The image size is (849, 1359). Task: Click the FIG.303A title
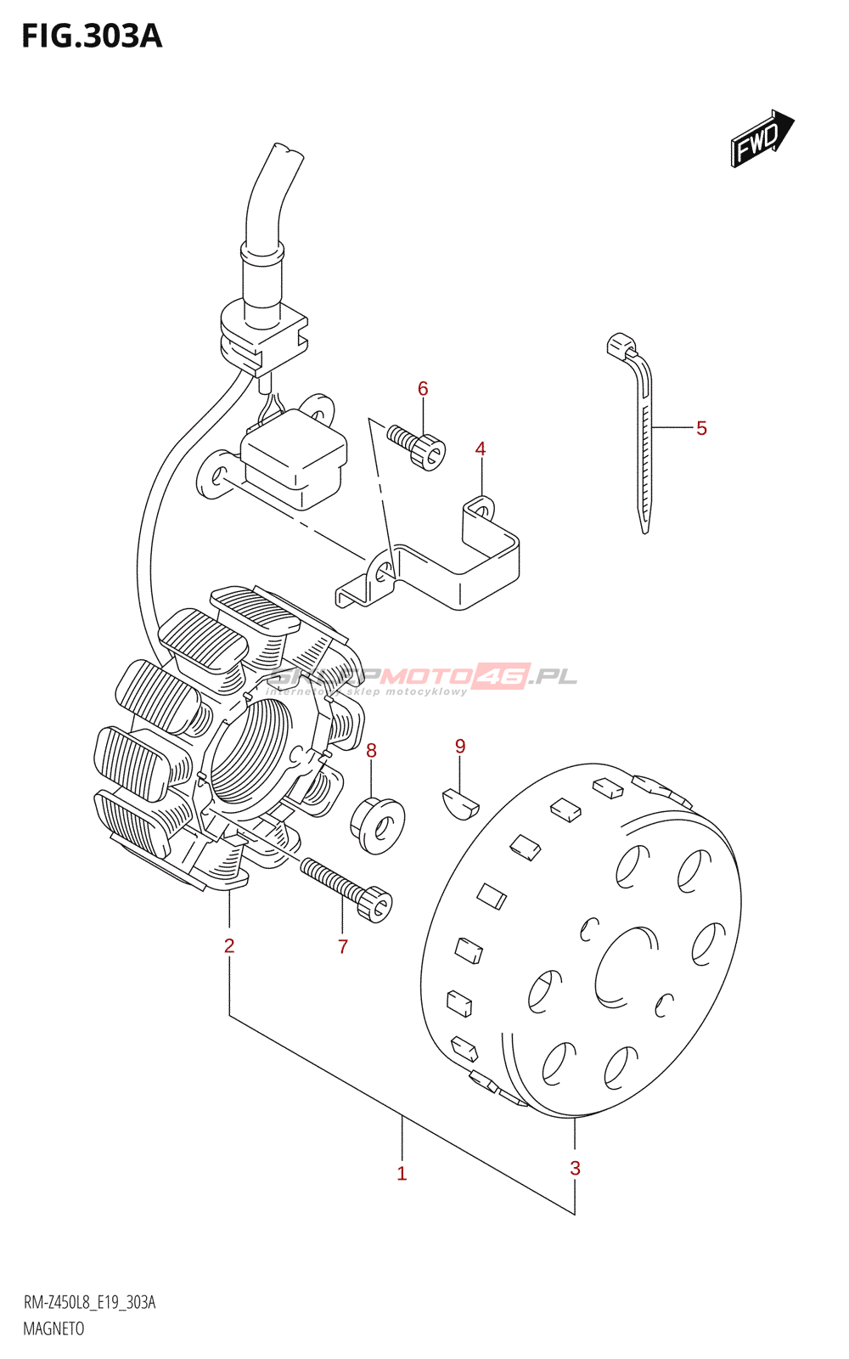click(92, 37)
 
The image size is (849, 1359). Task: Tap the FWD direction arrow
click(761, 138)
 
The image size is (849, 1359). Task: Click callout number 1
click(402, 1174)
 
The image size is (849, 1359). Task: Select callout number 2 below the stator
click(229, 945)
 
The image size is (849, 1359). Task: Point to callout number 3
click(575, 1168)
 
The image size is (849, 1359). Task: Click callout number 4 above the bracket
click(481, 448)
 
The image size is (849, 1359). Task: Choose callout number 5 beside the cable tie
click(701, 428)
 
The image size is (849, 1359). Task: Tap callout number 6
click(423, 389)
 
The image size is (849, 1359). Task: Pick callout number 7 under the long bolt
click(343, 946)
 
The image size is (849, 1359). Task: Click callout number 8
click(371, 751)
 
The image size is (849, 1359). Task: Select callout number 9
click(460, 746)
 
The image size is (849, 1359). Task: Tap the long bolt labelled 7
click(346, 888)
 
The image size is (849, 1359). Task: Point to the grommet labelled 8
click(378, 822)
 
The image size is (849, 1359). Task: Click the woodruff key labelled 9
click(460, 804)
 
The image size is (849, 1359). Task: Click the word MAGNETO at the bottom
click(53, 1328)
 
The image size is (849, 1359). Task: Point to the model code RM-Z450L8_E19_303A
click(89, 1302)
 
